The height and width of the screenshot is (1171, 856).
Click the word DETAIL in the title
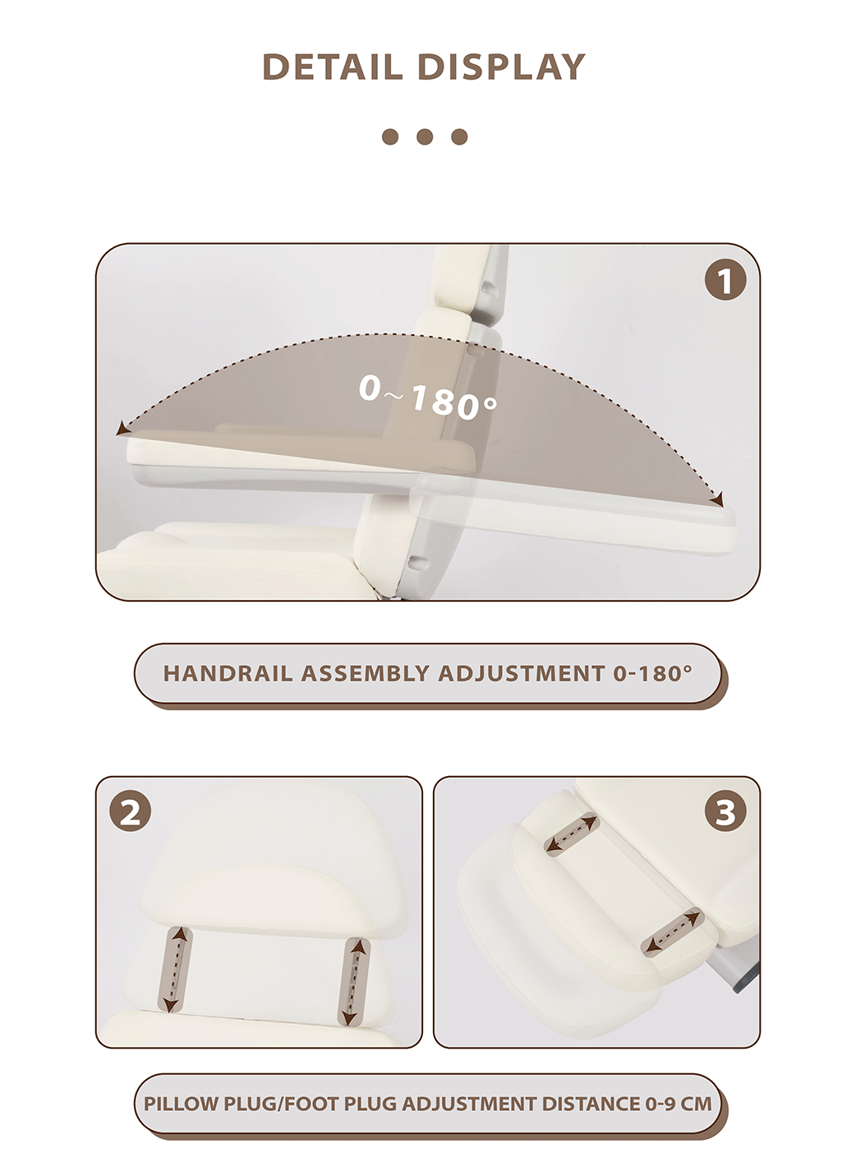334,67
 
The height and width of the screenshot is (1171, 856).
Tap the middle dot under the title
425,136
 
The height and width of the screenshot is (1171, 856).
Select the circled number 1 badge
725,281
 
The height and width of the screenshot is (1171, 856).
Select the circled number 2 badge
131,813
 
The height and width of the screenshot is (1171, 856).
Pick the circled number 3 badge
725,813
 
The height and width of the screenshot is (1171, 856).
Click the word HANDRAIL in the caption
228,673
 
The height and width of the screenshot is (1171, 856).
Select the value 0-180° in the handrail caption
652,673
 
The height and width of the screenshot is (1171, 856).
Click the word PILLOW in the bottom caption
182,1104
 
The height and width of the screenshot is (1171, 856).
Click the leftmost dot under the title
390,136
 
